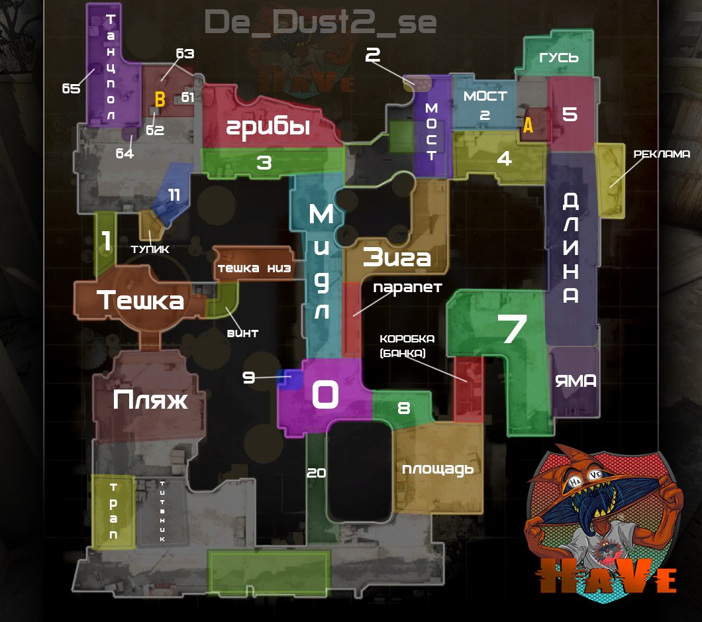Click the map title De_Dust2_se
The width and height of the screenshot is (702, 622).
pos(321,22)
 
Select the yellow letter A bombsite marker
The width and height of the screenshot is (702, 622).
pos(528,125)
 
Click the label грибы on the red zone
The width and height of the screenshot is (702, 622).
pos(268,127)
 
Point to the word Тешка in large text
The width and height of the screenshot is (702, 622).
pos(140,301)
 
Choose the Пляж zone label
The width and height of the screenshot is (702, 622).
pos(150,399)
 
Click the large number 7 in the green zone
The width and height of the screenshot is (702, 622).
pos(511,329)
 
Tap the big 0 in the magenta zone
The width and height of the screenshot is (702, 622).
pos(325,395)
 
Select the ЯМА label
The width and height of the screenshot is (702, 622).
pos(575,381)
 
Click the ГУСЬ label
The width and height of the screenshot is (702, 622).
pos(559,58)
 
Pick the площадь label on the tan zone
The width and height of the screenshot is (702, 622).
pos(438,469)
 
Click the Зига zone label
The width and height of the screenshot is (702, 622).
pos(396,257)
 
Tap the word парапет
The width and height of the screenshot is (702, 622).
pos(407,287)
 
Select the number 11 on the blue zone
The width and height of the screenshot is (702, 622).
pos(174,195)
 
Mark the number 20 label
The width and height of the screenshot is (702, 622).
pos(317,473)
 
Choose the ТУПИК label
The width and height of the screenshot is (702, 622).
pos(150,249)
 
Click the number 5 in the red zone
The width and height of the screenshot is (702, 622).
pos(570,114)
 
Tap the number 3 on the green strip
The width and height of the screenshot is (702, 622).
pos(264,163)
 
